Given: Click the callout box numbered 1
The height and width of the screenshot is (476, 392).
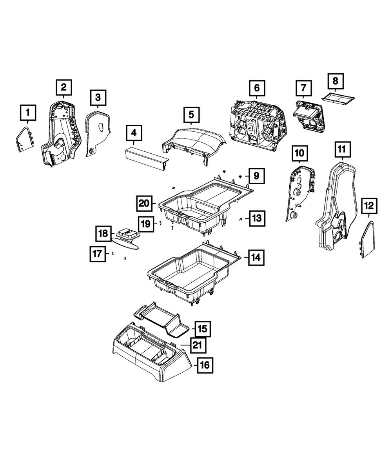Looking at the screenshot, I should (27, 113).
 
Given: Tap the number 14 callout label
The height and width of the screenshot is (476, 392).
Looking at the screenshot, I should (256, 258).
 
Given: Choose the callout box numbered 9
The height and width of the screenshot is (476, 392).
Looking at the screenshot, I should (256, 176).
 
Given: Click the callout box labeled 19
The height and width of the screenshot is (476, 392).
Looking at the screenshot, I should (146, 224).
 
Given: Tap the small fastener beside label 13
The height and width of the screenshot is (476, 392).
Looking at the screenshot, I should (240, 219).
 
